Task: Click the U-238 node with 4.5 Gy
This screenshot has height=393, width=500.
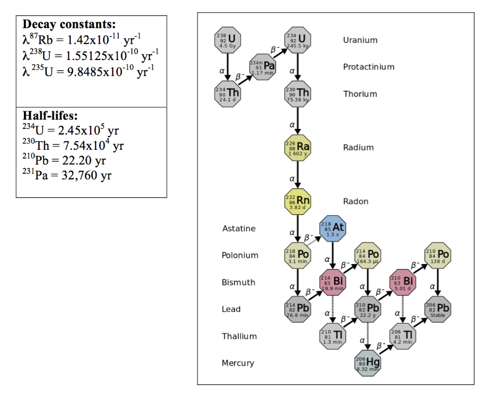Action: click(228, 40)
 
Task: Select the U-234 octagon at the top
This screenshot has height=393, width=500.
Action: click(298, 40)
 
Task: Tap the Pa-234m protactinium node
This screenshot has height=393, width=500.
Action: click(263, 67)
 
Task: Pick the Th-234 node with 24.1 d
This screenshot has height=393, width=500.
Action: click(228, 94)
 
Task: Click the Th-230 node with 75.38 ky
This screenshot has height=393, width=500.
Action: click(298, 94)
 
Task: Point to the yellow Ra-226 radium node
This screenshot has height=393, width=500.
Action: click(298, 147)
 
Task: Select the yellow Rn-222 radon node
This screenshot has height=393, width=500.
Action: click(298, 201)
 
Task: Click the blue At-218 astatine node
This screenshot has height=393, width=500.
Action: click(333, 228)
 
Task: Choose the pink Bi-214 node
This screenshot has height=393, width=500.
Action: click(333, 282)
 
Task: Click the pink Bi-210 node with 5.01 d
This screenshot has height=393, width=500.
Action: click(403, 282)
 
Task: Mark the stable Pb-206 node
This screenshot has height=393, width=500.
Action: click(438, 309)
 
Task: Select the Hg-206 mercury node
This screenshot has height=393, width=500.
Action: click(368, 363)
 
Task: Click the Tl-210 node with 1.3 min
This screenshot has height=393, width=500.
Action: click(333, 336)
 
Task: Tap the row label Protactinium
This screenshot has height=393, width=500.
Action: click(369, 67)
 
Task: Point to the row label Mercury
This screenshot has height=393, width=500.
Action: click(238, 363)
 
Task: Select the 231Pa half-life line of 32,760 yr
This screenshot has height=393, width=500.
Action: click(67, 175)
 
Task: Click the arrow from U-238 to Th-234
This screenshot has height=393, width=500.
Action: click(228, 67)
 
